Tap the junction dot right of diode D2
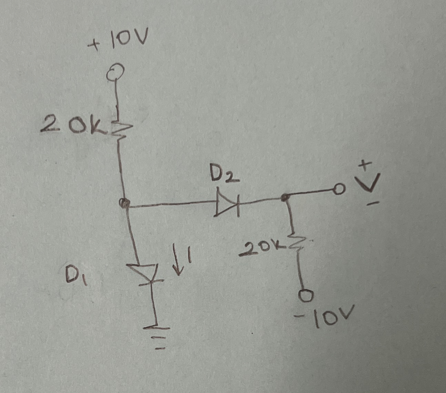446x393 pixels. pyautogui.click(x=285, y=198)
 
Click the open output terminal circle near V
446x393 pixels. pyautogui.click(x=339, y=188)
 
